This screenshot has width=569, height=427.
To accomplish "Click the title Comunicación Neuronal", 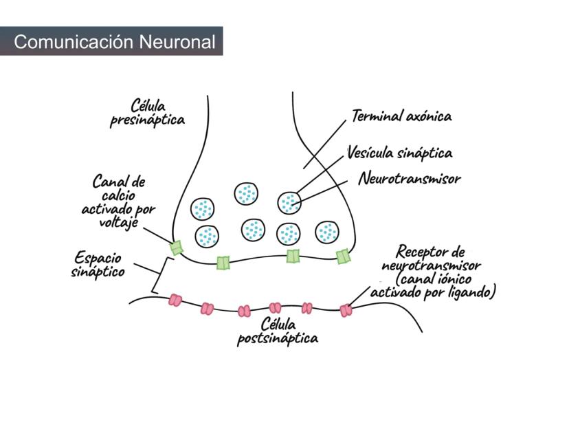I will click(114, 42).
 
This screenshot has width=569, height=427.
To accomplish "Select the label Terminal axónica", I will click(401, 116).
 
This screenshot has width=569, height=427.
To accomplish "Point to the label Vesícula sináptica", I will click(399, 153).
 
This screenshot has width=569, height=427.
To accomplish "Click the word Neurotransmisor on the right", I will click(409, 179).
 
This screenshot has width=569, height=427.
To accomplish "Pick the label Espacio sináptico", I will click(98, 265).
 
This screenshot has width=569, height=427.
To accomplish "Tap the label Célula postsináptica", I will click(278, 331).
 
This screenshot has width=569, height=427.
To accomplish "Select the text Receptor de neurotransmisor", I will click(432, 259).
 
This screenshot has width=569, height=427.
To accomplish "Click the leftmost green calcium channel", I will click(177, 248).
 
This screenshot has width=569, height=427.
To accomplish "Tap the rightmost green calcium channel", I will click(343, 256).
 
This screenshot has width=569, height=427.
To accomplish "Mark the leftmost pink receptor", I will click(176, 300).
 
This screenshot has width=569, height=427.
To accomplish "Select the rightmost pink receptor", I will click(346, 311).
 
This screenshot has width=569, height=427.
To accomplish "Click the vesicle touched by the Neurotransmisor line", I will click(289, 202).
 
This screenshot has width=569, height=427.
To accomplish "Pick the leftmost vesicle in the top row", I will click(203, 208).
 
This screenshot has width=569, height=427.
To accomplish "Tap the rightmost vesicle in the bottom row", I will click(327, 232).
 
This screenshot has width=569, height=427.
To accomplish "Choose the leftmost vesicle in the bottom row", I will click(207, 236).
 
